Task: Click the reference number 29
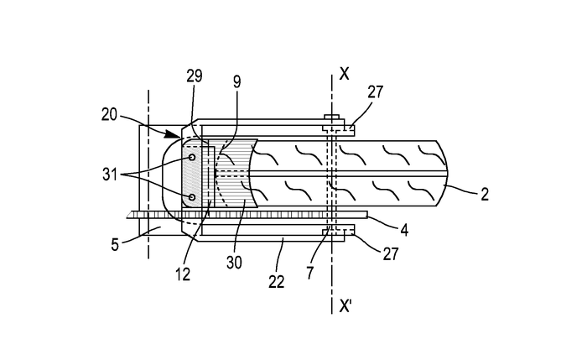pyautogui.click(x=195, y=76)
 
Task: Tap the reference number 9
pyautogui.click(x=236, y=81)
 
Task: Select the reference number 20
pyautogui.click(x=109, y=115)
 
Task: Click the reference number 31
pyautogui.click(x=110, y=175)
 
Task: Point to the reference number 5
pyautogui.click(x=115, y=245)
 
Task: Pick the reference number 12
pyautogui.click(x=183, y=274)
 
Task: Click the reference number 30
pyautogui.click(x=234, y=263)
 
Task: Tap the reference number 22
pyautogui.click(x=277, y=282)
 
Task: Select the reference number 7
pyautogui.click(x=310, y=273)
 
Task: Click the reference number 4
pyautogui.click(x=404, y=230)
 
